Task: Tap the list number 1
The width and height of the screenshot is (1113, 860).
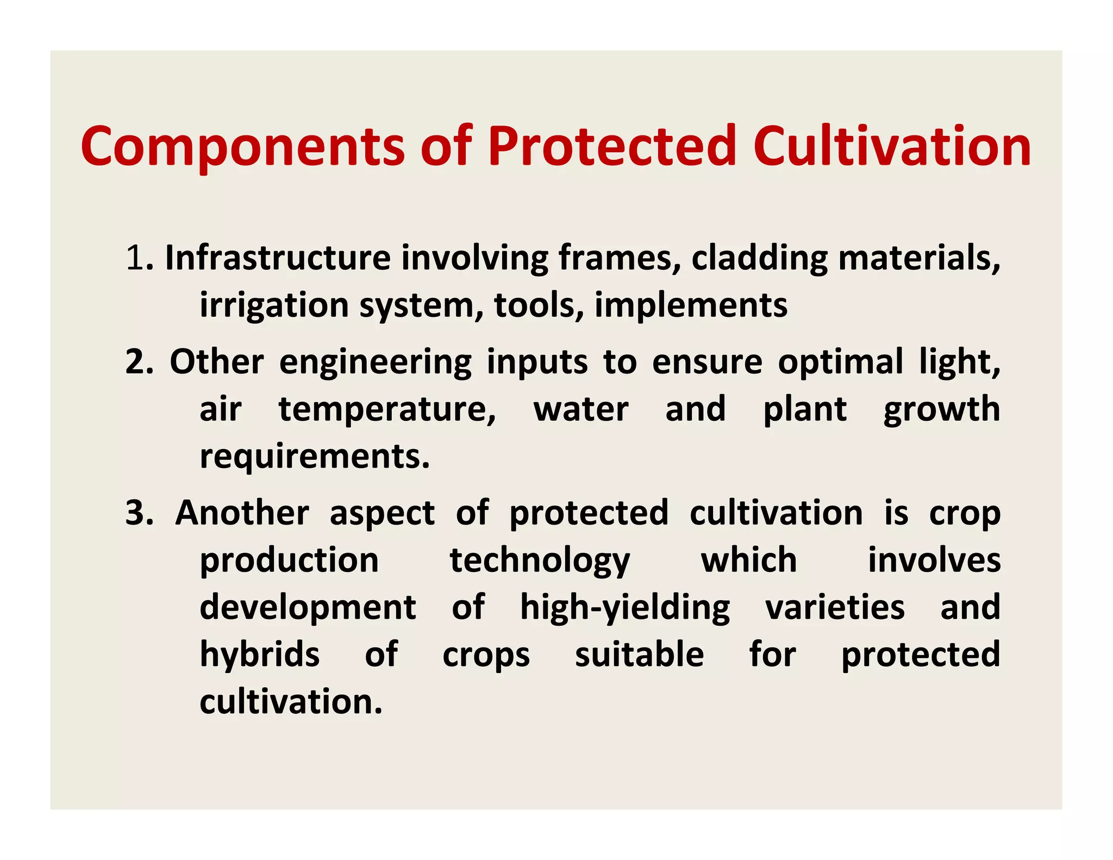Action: [134, 258]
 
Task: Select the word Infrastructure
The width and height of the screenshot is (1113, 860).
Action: [278, 258]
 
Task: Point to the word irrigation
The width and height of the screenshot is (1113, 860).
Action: [274, 306]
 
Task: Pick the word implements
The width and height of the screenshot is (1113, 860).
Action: [691, 306]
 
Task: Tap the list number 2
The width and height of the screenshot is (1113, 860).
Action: [136, 362]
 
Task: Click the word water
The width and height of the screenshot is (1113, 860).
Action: [581, 409]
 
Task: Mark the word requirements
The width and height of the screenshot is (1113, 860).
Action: [315, 457]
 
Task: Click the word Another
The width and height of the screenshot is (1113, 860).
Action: [242, 513]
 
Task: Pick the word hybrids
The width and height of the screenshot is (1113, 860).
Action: [260, 655]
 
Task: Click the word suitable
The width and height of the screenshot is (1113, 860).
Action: [639, 654]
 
